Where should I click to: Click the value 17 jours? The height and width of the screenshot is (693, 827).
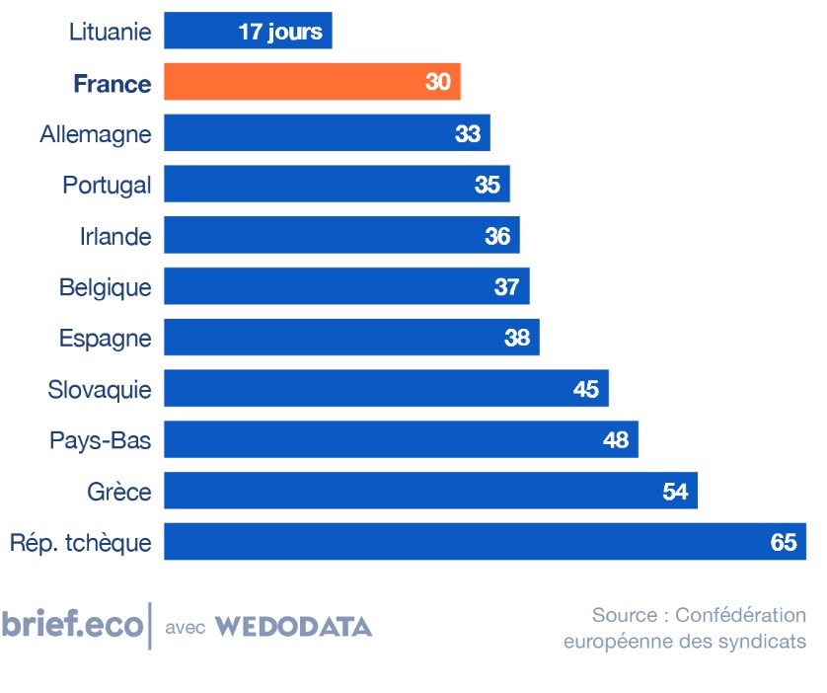(280, 32)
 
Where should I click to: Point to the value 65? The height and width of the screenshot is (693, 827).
(783, 542)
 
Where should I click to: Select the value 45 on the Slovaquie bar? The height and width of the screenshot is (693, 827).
(585, 389)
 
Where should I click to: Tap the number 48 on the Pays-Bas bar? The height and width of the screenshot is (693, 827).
(615, 440)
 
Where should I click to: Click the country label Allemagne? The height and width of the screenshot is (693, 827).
(96, 134)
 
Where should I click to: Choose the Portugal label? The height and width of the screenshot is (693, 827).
(107, 186)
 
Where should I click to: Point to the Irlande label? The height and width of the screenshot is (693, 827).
(115, 237)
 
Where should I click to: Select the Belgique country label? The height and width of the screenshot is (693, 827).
(105, 287)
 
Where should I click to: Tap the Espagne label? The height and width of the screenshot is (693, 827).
(105, 339)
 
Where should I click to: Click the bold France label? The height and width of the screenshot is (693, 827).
(113, 84)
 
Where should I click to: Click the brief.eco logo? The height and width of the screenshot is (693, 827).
(71, 626)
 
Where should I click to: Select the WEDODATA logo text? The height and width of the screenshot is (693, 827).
(293, 627)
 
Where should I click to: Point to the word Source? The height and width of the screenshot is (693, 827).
(624, 615)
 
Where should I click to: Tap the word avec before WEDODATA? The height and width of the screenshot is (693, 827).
(185, 628)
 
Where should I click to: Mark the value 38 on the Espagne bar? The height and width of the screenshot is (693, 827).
(516, 338)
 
